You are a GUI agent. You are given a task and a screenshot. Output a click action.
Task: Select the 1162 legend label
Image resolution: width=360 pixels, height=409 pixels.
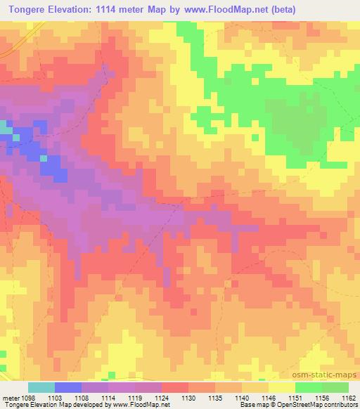click(x=349, y=397)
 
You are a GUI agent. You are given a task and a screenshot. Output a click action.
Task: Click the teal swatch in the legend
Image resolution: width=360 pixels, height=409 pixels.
click(x=41, y=387)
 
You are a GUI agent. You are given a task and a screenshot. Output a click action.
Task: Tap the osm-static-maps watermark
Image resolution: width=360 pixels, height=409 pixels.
click(x=329, y=374)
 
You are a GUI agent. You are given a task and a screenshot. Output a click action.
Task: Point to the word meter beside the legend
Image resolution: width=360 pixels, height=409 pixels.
click(x=9, y=397)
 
